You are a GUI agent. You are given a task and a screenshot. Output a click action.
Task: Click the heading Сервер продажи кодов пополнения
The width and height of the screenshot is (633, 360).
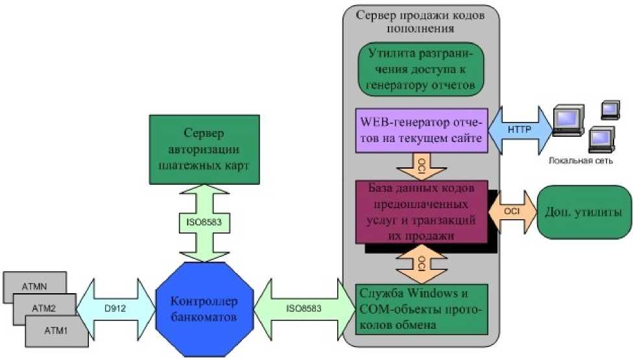[422, 21]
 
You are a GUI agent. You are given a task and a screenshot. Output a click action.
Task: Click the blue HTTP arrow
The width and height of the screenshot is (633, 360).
[520, 130]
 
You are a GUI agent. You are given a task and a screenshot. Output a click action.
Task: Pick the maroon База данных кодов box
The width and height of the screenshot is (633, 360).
[422, 212]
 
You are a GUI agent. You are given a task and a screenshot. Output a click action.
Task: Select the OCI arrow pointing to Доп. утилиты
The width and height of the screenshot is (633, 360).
[512, 212]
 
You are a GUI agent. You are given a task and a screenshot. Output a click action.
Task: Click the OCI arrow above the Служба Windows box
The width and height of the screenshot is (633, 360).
[421, 263]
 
